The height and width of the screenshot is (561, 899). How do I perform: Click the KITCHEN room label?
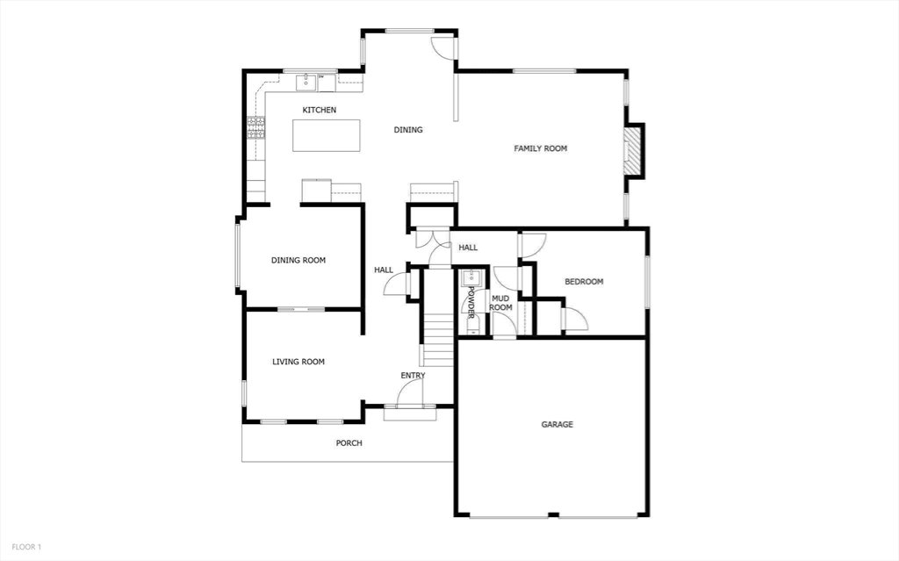[x=320, y=110]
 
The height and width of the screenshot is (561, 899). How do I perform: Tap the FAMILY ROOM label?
[x=540, y=148]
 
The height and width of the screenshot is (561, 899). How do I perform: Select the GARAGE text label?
[x=557, y=424]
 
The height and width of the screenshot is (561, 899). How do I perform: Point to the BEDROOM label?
[x=584, y=282]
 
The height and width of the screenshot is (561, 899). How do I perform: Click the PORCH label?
[x=349, y=442]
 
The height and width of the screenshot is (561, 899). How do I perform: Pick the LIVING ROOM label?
[x=298, y=362]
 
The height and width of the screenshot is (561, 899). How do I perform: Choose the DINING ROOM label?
[x=298, y=260]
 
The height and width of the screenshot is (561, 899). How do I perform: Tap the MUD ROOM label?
[x=500, y=303]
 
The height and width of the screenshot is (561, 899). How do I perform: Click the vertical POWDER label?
[x=471, y=302]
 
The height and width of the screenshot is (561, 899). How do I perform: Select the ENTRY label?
[x=413, y=376]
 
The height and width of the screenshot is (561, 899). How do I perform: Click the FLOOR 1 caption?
[x=26, y=547]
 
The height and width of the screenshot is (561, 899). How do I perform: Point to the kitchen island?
[x=327, y=135]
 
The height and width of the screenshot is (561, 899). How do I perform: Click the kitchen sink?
[x=307, y=83]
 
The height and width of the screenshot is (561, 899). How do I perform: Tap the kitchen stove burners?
[x=256, y=127]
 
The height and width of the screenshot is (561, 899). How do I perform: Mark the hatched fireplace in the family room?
[x=632, y=149]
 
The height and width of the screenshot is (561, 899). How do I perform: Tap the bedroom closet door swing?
[x=576, y=320]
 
